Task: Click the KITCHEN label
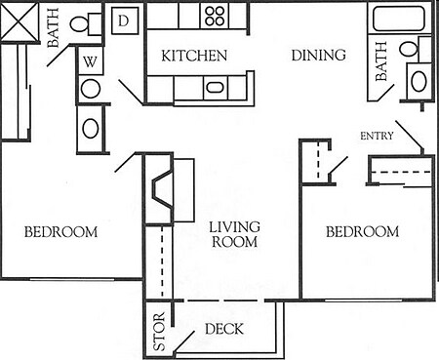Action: click(194, 56)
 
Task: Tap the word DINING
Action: click(319, 56)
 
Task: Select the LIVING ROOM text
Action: click(233, 234)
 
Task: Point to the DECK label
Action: click(224, 330)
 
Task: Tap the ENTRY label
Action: click(377, 136)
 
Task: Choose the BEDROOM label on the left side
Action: click(60, 232)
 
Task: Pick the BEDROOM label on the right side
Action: click(362, 232)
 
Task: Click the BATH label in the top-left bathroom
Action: click(55, 28)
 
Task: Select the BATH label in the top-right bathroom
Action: click(381, 60)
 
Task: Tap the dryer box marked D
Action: click(124, 20)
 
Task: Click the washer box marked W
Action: click(91, 61)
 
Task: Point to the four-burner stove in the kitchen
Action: click(215, 15)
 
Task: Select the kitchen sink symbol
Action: click(214, 88)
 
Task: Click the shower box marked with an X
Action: click(17, 22)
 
